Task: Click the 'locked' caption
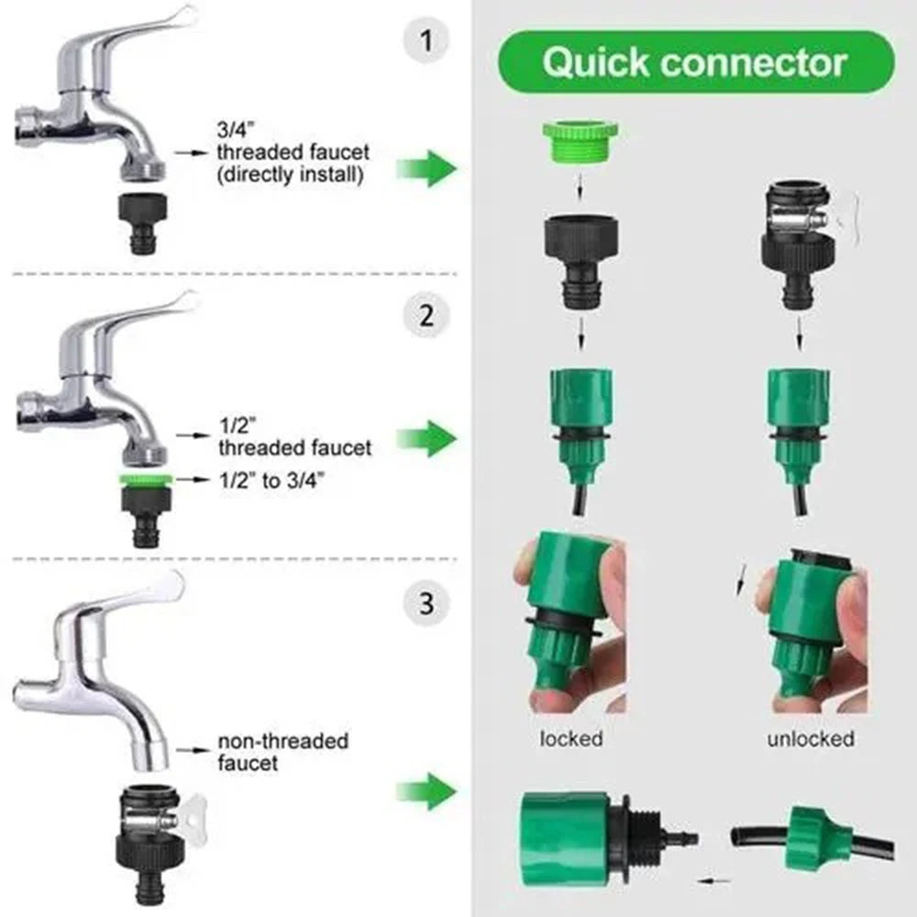(x=571, y=738)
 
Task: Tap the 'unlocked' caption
(x=811, y=738)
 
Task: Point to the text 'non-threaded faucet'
(x=282, y=751)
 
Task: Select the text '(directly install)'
(x=291, y=175)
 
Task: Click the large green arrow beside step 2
(x=428, y=438)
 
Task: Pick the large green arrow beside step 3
(x=428, y=789)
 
